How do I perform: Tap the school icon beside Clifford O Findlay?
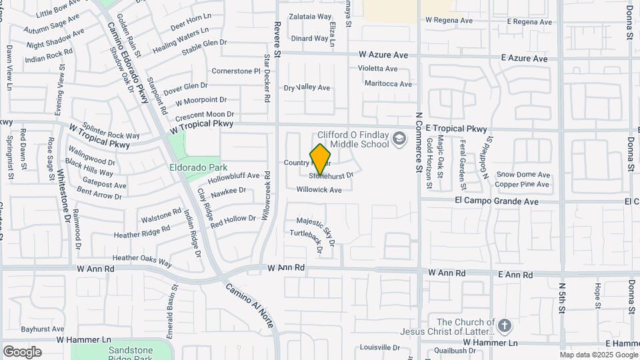coord(399,139)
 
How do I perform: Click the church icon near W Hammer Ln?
coord(505,327)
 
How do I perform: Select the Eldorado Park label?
coord(198,167)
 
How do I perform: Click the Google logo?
coord(22,352)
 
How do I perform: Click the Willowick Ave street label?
coord(319,189)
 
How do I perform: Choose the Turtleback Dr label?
coord(311,241)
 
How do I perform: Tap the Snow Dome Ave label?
coord(523,175)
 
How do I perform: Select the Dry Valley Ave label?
coord(307,88)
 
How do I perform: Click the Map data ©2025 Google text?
coord(598,355)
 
